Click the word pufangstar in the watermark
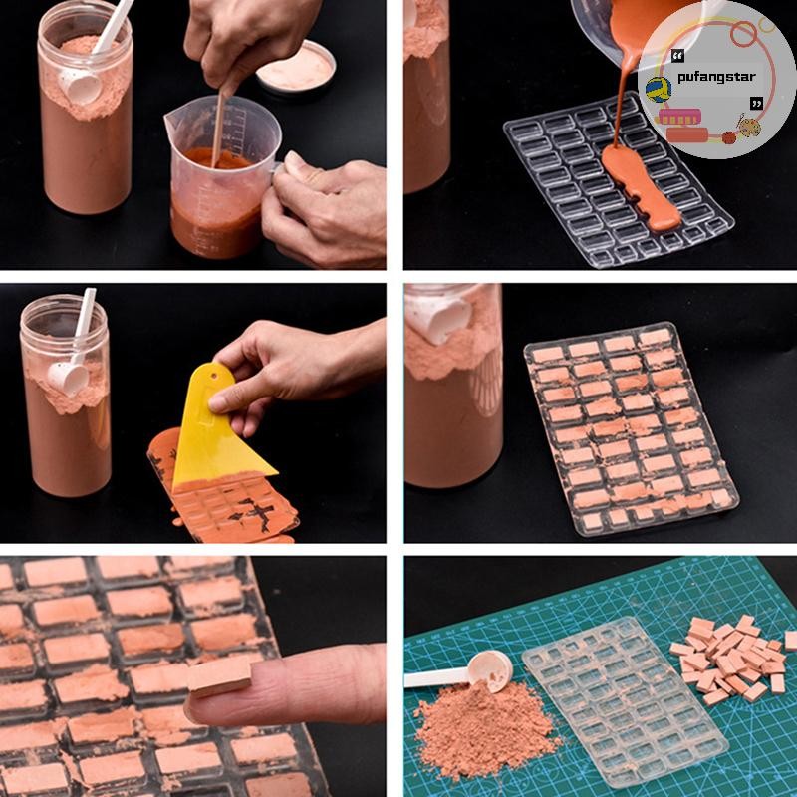pos(716,78)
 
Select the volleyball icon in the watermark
pos(659,90)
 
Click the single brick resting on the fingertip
pos(219,676)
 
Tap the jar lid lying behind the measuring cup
pos(296,68)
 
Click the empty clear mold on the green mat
pos(626,701)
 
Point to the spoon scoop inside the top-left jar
pos(82,87)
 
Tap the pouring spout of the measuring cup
pos(171,122)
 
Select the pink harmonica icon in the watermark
pos(680,117)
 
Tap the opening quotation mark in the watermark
pos(677,56)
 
